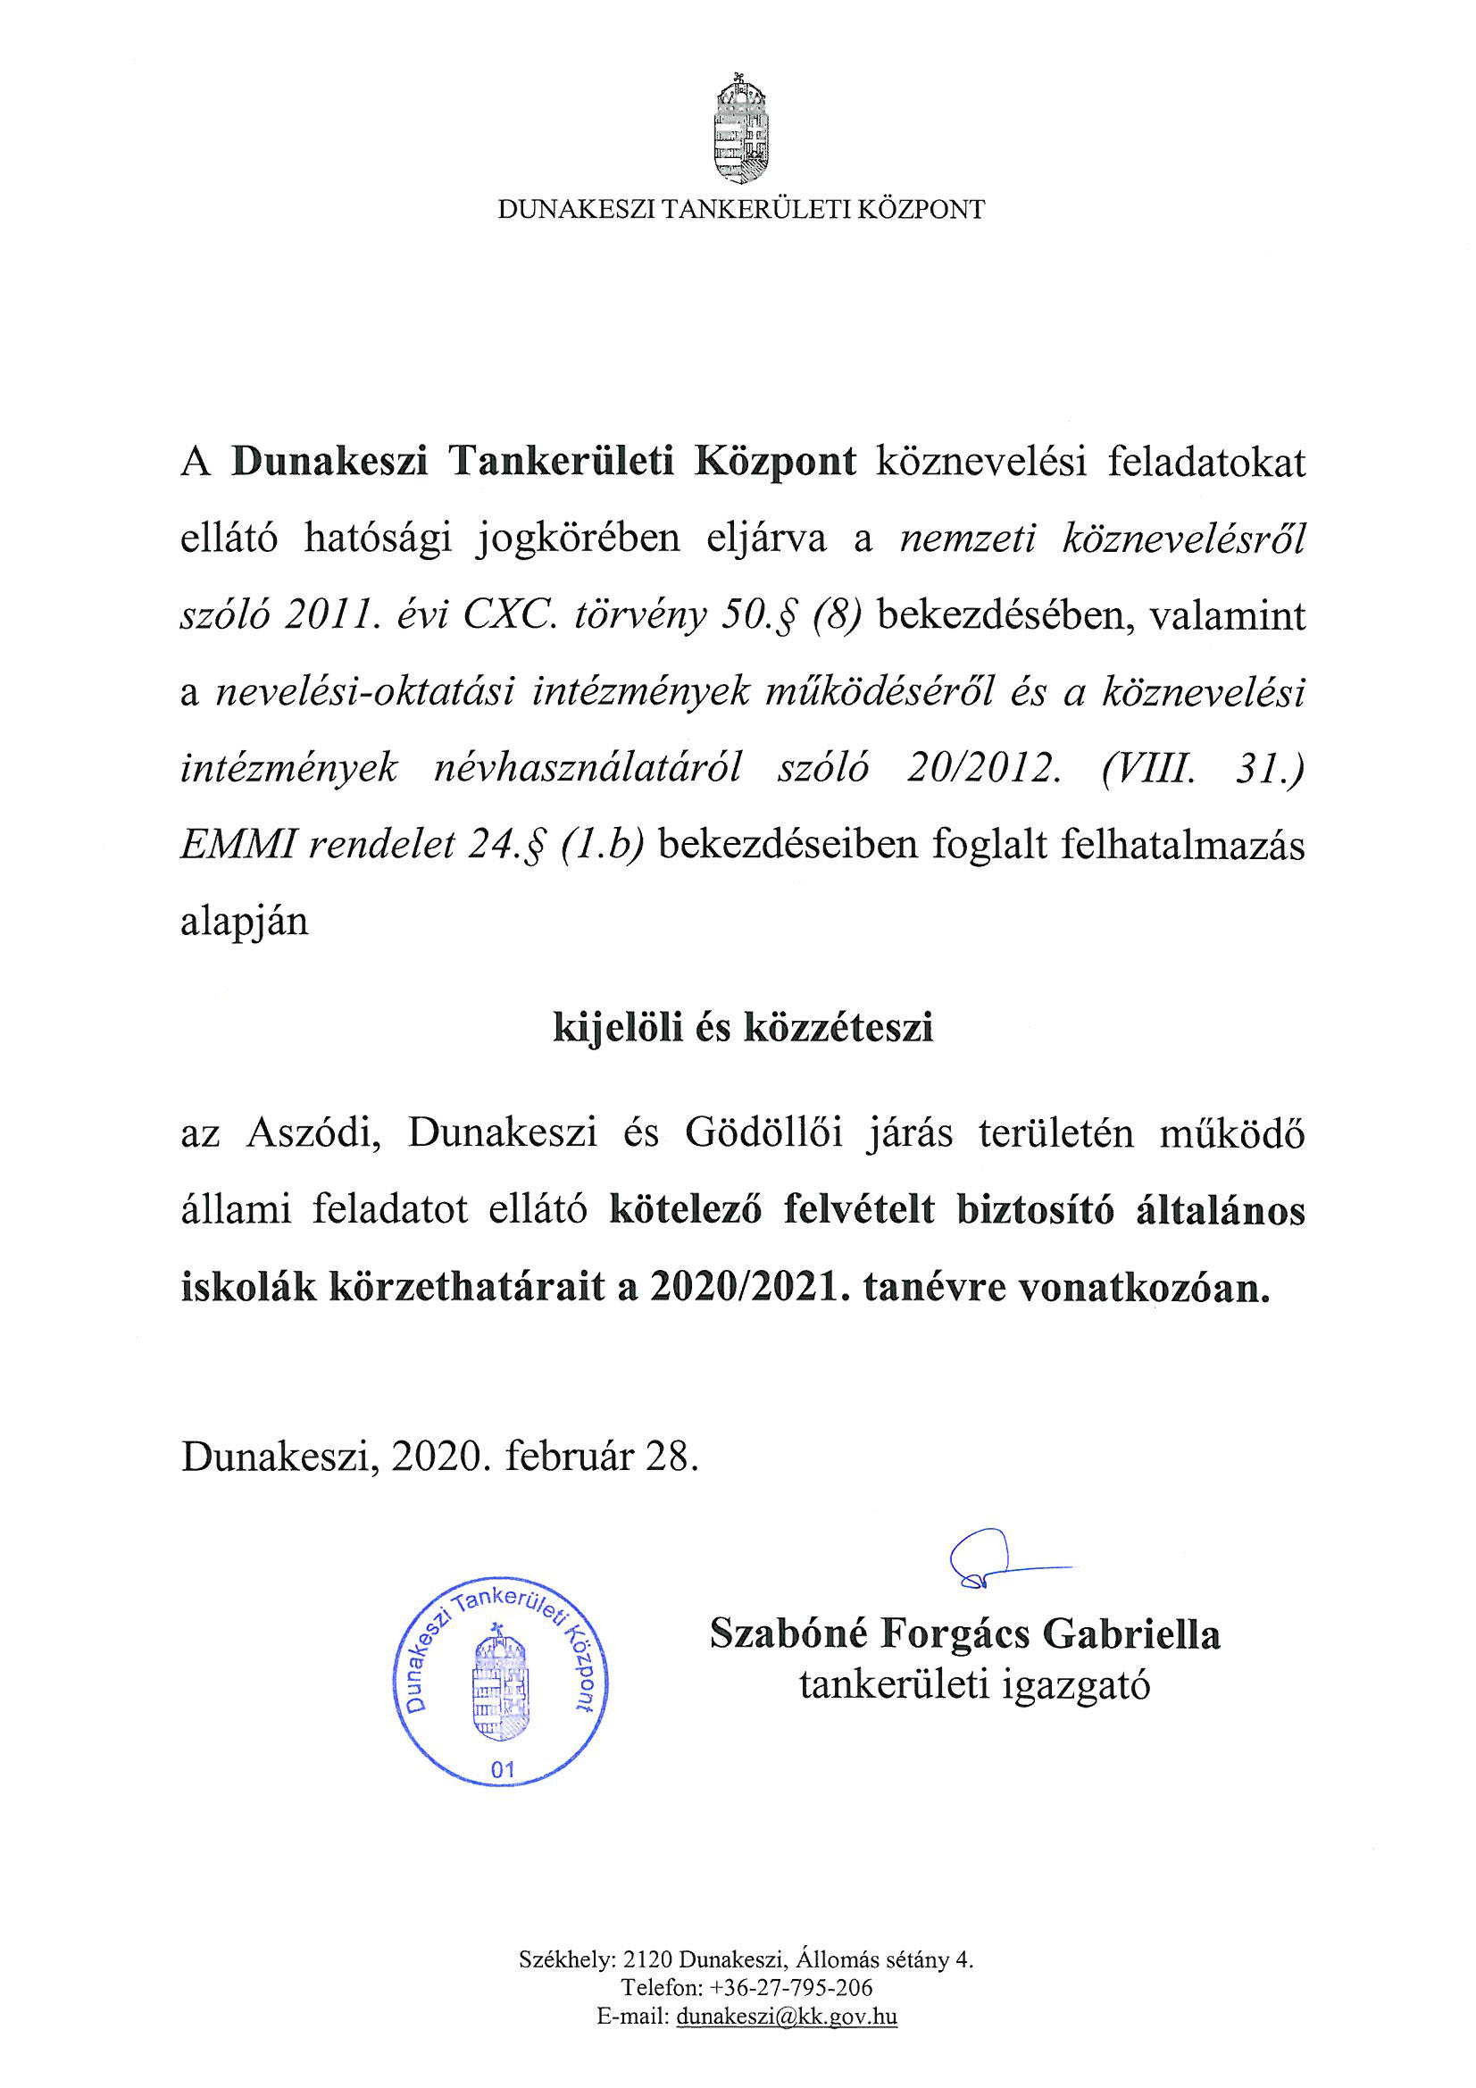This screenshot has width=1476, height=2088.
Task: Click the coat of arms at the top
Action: [x=739, y=129]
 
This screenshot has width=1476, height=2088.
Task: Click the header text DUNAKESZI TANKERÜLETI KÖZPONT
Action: [x=740, y=210]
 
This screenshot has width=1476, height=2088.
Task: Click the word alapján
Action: [x=245, y=923]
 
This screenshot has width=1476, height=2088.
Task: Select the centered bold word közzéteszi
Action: [x=838, y=1029]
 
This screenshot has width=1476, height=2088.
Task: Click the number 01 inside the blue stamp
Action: [x=502, y=1769]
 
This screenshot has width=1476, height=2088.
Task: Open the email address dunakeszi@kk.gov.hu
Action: [x=787, y=2017]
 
